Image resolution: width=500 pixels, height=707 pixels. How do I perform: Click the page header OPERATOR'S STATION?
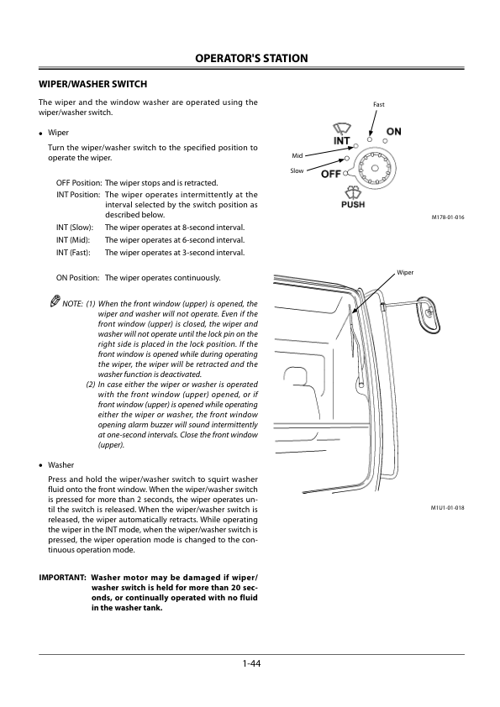coord(251,58)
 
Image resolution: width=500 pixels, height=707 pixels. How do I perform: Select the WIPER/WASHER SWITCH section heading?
coord(93,84)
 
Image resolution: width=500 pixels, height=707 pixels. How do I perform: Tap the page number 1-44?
coord(251,663)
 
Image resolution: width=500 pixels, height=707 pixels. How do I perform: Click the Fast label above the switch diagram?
coord(379,104)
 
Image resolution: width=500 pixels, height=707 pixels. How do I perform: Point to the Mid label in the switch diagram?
coord(297,155)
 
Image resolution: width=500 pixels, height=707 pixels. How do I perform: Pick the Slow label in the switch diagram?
coord(297,170)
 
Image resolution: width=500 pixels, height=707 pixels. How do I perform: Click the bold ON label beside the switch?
coord(394,132)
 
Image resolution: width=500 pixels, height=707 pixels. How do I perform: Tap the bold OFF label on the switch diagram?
coord(331,174)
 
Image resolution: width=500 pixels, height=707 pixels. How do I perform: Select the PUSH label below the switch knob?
coord(353,204)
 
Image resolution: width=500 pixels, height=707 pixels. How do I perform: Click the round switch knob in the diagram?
coord(374,168)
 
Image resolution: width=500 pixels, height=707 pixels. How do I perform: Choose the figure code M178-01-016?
coord(448,217)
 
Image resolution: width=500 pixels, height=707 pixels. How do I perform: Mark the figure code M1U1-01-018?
coord(448,508)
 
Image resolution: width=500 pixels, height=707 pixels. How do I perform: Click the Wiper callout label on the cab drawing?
coord(405,272)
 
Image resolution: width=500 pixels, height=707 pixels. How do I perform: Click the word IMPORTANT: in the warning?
coord(62,578)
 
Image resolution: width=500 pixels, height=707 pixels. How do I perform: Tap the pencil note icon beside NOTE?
coord(55,301)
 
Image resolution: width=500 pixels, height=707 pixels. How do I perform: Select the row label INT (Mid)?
coord(73,240)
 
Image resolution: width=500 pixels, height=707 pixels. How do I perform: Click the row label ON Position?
coord(77,278)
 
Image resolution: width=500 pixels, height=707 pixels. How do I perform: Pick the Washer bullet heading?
coord(61,465)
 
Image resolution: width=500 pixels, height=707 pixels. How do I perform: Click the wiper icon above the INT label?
coord(340,128)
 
